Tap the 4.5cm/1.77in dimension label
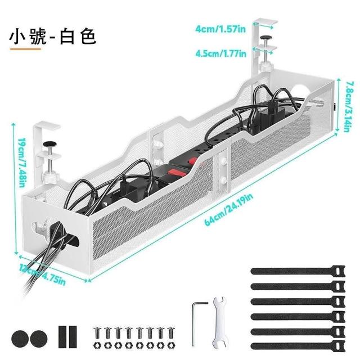(x=220, y=53)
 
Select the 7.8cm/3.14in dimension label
(x=349, y=106)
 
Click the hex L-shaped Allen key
(x=194, y=321)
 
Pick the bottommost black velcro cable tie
(x=295, y=343)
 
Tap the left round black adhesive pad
(x=20, y=337)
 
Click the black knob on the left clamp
(x=50, y=145)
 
